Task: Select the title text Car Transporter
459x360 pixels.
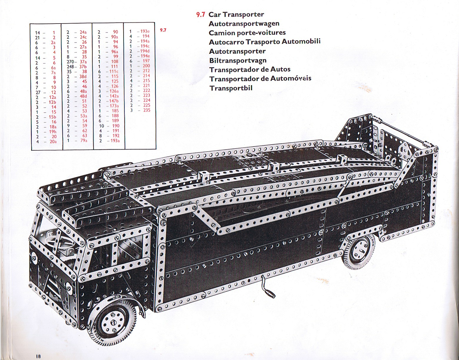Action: (236, 15)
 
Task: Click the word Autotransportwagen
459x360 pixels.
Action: (244, 24)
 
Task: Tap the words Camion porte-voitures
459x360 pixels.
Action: (247, 33)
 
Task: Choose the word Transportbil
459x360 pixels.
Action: (231, 88)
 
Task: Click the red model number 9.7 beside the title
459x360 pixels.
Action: (201, 15)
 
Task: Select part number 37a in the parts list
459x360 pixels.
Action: (83, 62)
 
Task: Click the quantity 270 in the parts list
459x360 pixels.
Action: (70, 62)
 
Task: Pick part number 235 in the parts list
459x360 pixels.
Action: (147, 110)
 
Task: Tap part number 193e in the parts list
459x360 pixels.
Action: (145, 31)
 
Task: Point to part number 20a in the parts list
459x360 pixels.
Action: (53, 142)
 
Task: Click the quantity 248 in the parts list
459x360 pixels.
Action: (70, 67)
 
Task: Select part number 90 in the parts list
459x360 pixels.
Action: (115, 32)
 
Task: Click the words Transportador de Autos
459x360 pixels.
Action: (250, 69)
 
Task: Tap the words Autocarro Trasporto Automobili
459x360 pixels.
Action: (265, 42)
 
